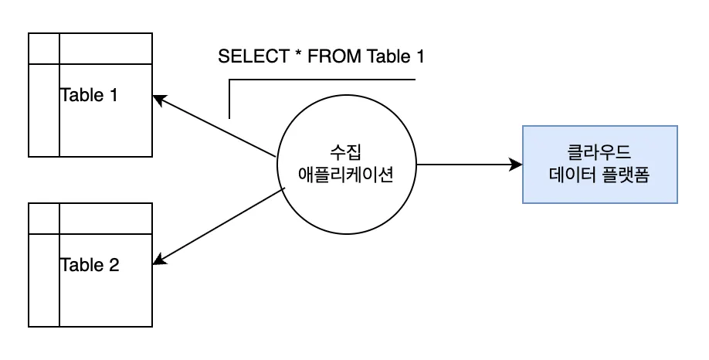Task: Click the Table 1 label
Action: pyautogui.click(x=90, y=96)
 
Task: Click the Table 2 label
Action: pyautogui.click(x=90, y=266)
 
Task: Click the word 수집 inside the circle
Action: pyautogui.click(x=346, y=151)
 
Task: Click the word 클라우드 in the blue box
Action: pyautogui.click(x=599, y=152)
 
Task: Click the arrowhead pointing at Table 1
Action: pyautogui.click(x=158, y=99)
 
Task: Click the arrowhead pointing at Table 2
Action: pyautogui.click(x=158, y=260)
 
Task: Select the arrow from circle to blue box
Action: pyautogui.click(x=463, y=164)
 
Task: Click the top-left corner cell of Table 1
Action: pyautogui.click(x=43, y=49)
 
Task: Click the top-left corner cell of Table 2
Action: pyautogui.click(x=43, y=218)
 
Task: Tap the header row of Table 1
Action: pyautogui.click(x=105, y=49)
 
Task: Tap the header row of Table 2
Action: pyautogui.click(x=105, y=218)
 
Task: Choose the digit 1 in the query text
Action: pyautogui.click(x=419, y=57)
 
